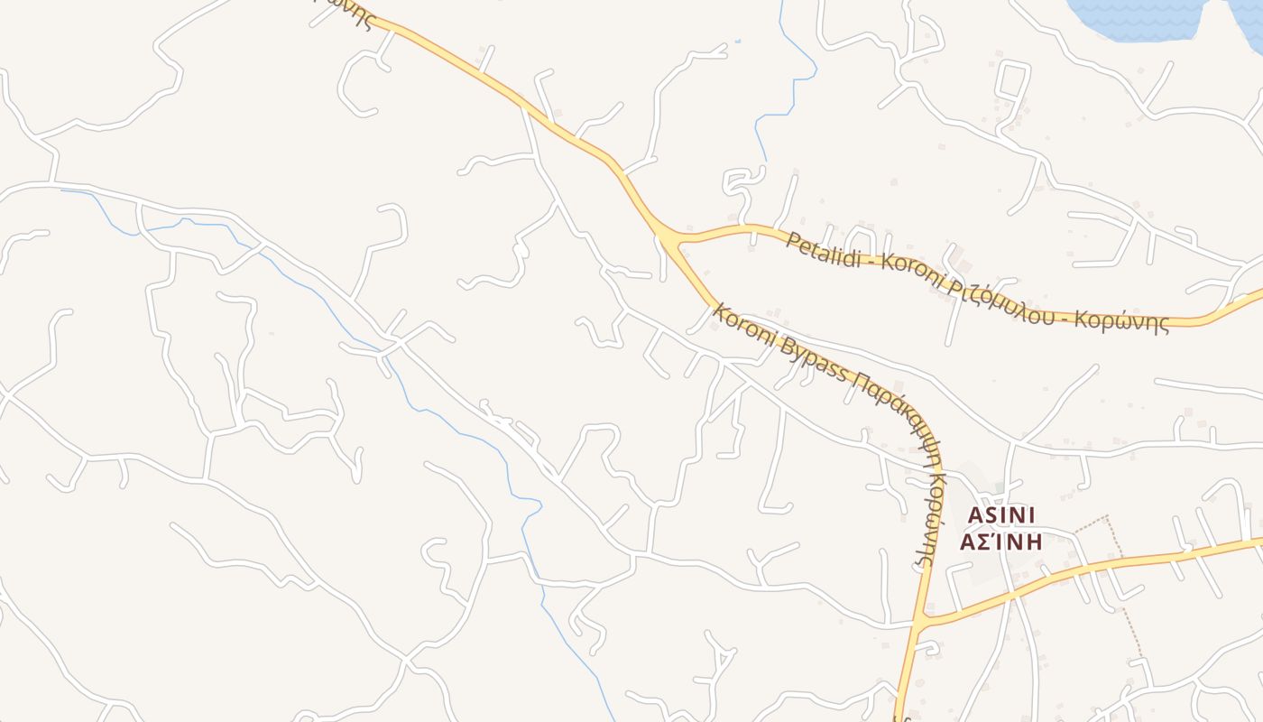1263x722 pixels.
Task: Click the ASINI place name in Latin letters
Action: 1000,514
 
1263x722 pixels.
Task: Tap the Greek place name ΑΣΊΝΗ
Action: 1000,541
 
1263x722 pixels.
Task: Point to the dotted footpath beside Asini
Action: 1124,587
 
